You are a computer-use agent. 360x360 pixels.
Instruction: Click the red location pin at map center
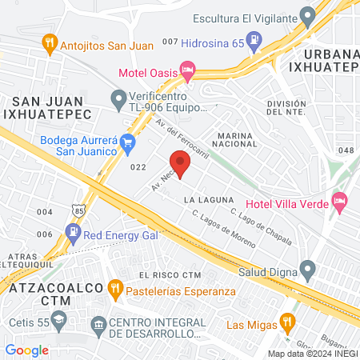[x=180, y=164]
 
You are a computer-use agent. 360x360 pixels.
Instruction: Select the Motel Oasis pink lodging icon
[x=188, y=71]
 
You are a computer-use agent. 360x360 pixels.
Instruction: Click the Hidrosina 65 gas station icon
[x=254, y=38]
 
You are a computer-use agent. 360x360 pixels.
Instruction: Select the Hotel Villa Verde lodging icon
[x=339, y=200]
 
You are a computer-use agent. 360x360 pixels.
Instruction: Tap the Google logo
[x=26, y=350]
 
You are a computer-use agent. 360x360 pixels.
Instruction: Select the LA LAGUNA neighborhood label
[x=208, y=198]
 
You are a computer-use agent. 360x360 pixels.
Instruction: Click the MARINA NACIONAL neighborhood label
[x=240, y=141]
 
